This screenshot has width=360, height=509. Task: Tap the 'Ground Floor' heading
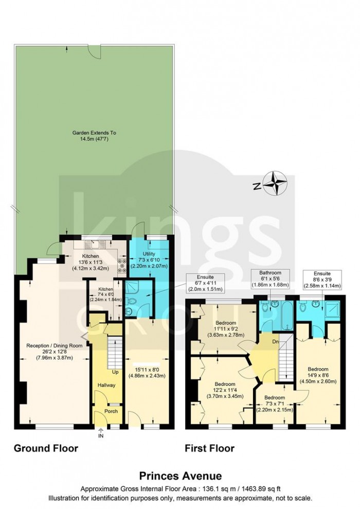pyautogui.click(x=46, y=448)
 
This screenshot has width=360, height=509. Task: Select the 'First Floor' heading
pyautogui.click(x=209, y=448)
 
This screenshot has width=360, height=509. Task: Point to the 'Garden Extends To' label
pyautogui.click(x=94, y=132)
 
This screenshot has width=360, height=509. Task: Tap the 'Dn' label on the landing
pyautogui.click(x=276, y=341)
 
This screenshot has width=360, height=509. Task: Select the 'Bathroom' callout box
pyautogui.click(x=270, y=278)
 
